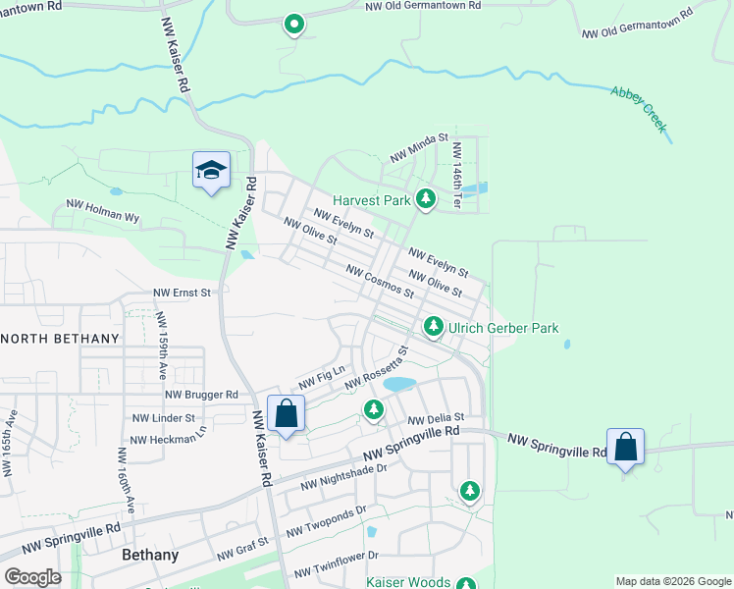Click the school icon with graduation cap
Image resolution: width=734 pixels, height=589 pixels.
tap(212, 170)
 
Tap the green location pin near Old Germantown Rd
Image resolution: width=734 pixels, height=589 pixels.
tap(292, 25)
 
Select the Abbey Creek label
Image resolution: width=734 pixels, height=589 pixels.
tap(639, 109)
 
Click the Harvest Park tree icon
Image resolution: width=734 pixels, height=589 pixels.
tap(425, 199)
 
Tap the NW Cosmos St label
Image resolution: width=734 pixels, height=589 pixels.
tap(380, 281)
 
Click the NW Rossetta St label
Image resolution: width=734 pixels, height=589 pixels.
tap(375, 365)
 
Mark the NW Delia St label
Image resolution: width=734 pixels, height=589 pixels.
tap(435, 419)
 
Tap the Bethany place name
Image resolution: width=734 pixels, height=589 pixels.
tap(150, 555)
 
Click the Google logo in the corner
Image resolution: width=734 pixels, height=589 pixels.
tap(32, 577)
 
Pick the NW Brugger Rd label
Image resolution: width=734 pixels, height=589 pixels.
tap(202, 395)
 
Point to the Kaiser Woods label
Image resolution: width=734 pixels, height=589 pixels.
tap(408, 582)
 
